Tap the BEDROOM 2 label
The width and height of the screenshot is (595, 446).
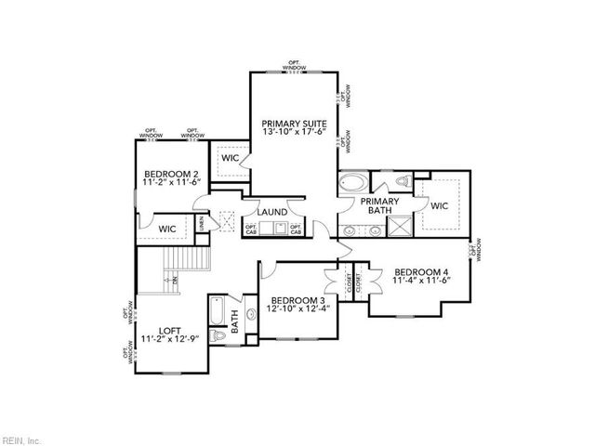tap(171, 175)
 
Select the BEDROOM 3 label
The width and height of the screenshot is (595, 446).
tap(297, 301)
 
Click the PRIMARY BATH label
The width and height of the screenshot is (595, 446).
tap(379, 206)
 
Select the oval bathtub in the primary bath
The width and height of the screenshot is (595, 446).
tap(354, 182)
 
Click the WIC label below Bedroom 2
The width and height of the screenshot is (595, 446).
tap(168, 229)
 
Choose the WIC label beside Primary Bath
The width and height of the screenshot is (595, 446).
tap(439, 205)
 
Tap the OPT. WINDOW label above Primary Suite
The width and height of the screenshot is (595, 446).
tap(297, 65)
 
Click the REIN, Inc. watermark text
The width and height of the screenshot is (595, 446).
tap(20, 439)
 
